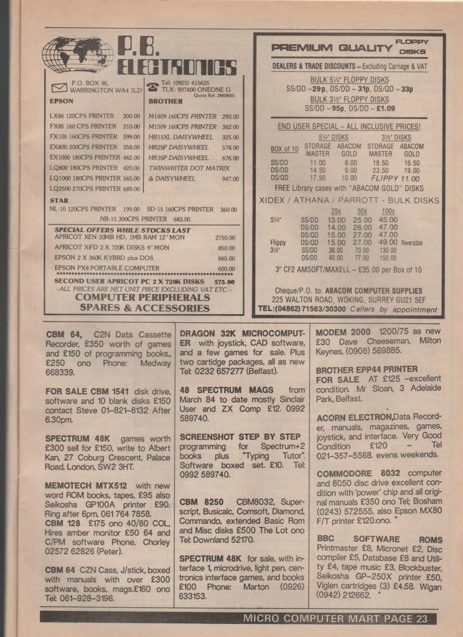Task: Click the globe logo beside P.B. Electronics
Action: point(78,55)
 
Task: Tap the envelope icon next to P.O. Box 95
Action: point(60,86)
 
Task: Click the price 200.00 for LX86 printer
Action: point(131,116)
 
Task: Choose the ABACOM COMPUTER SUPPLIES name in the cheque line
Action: point(361,291)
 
